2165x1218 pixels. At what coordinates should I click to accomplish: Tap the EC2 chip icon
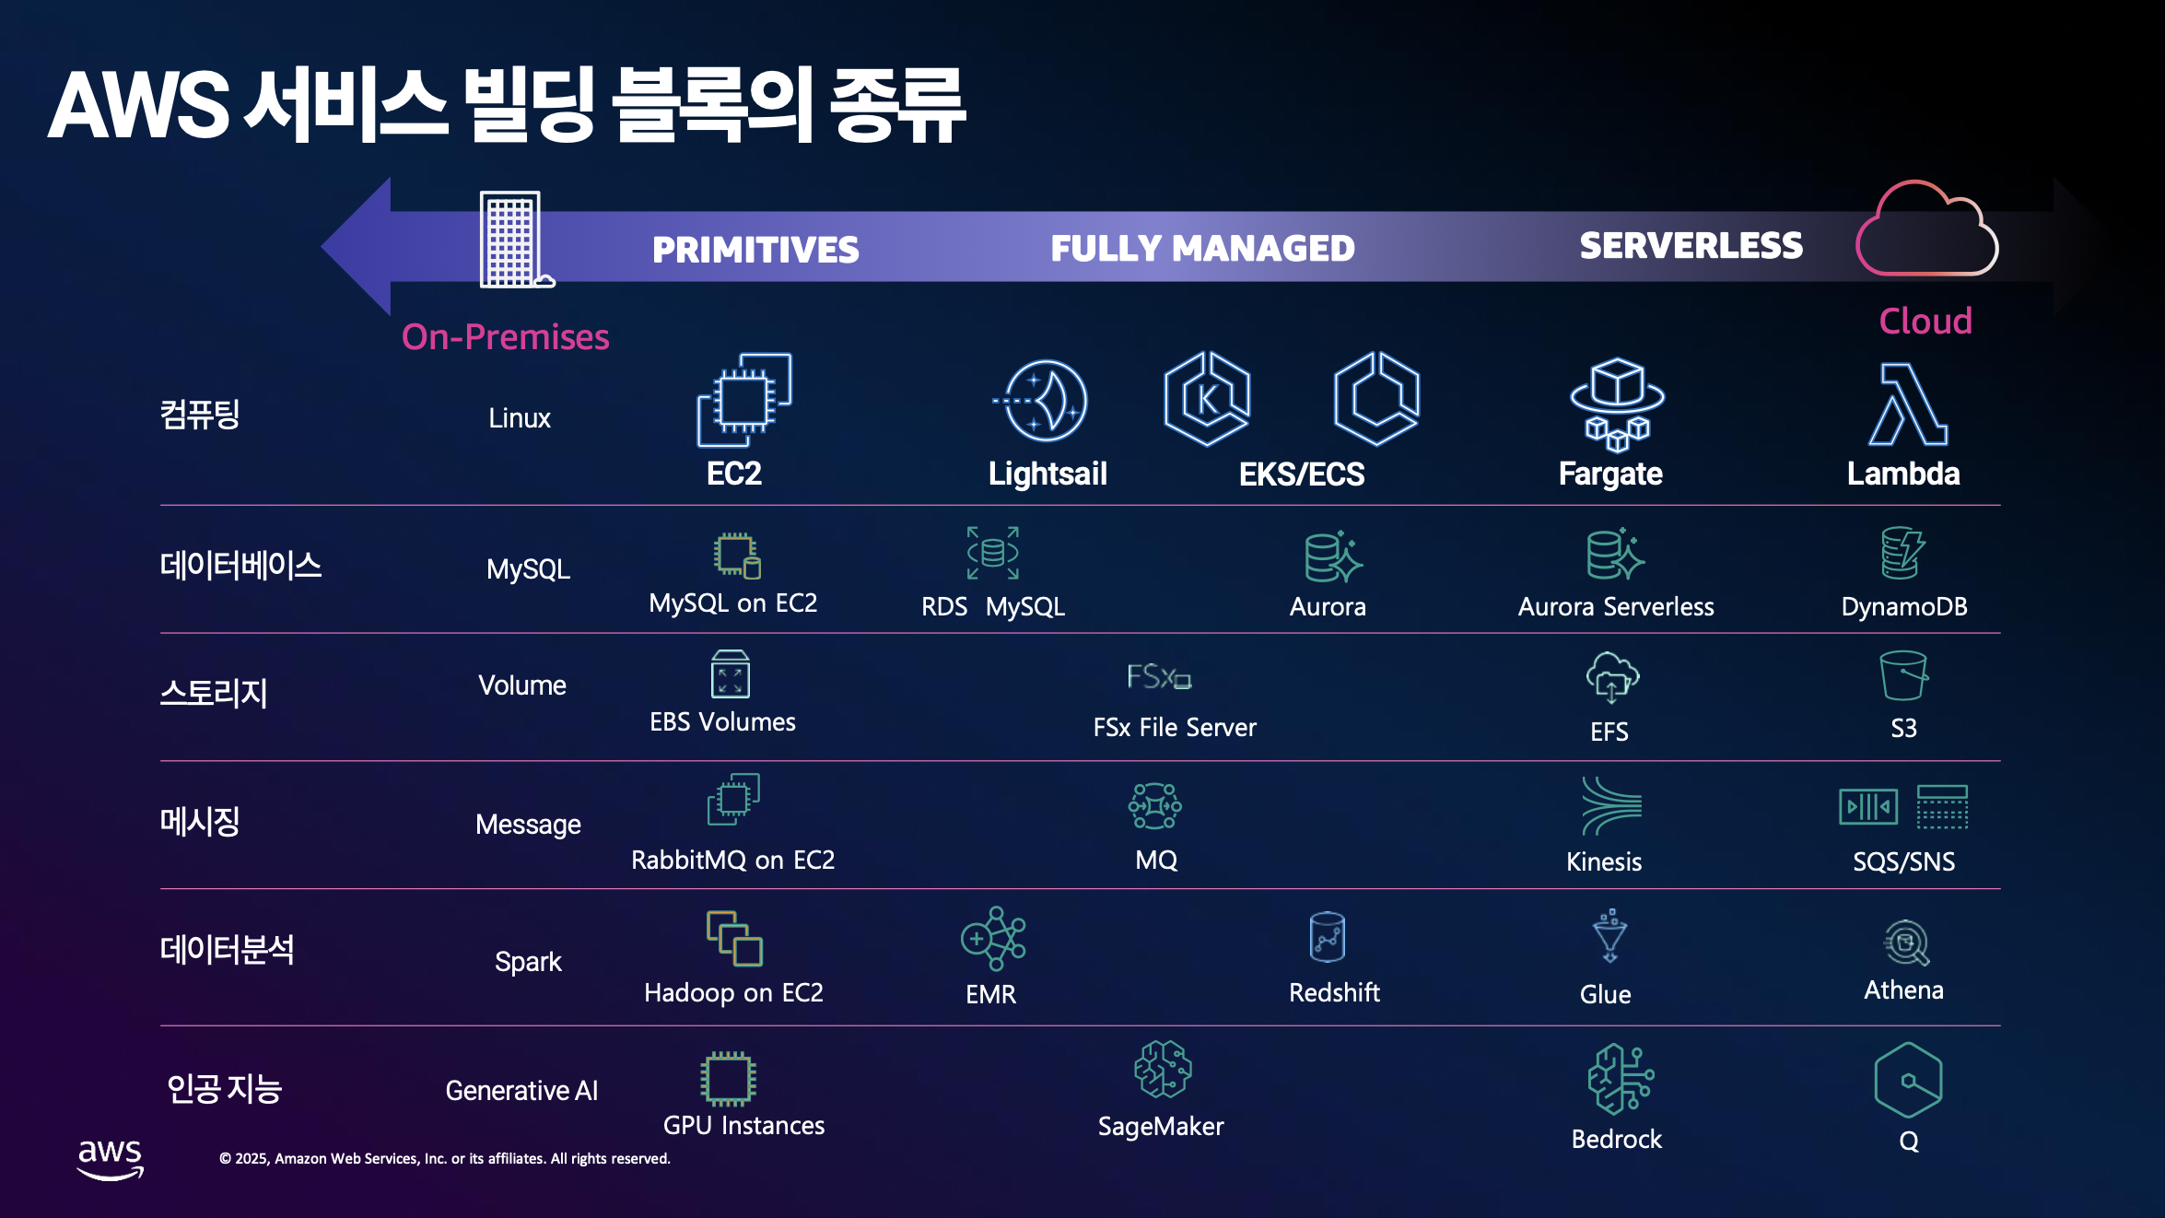point(743,399)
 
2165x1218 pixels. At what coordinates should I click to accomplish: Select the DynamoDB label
point(1903,606)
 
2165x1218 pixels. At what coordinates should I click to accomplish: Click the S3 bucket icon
point(1902,675)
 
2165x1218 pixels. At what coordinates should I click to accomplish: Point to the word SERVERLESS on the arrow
point(1691,245)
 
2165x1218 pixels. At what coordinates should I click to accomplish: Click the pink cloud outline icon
point(1925,230)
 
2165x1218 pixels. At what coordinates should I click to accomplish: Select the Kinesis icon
point(1610,805)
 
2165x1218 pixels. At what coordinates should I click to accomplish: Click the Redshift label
point(1333,992)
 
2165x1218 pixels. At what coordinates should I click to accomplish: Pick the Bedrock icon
point(1620,1078)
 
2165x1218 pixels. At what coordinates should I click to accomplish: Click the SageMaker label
point(1160,1126)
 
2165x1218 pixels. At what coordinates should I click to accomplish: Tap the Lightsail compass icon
point(1044,401)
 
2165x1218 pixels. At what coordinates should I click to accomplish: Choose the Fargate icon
point(1617,404)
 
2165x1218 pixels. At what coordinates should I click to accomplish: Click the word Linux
point(519,418)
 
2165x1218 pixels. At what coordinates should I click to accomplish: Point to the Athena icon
point(1905,943)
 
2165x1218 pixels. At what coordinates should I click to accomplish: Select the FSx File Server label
point(1174,727)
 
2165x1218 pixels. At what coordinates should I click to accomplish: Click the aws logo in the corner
point(110,1158)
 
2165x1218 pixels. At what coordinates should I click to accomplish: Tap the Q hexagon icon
point(1907,1080)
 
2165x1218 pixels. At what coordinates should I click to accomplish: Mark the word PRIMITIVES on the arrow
point(755,250)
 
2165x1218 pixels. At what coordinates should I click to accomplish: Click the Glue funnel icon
point(1609,936)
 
